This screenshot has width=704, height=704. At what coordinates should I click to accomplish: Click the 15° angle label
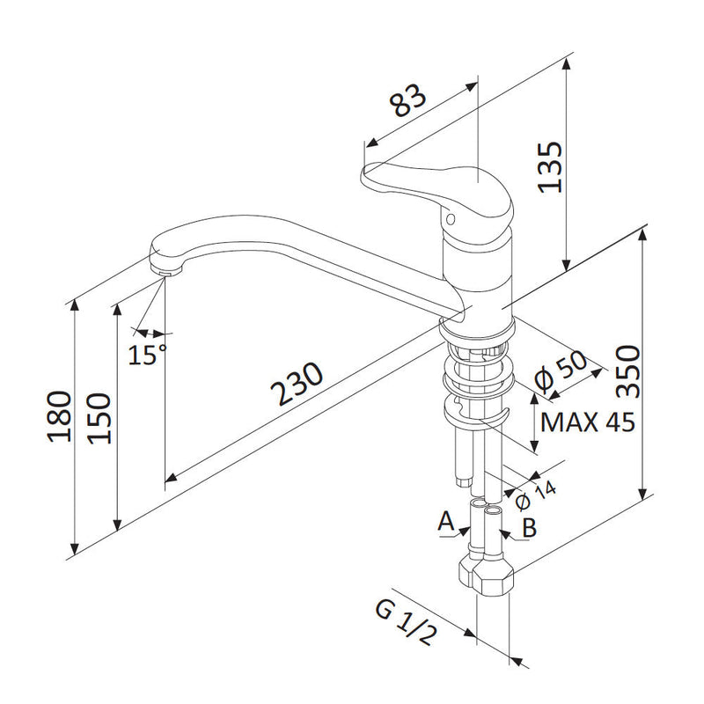[x=146, y=356]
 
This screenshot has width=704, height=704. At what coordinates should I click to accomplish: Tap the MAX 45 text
[x=586, y=423]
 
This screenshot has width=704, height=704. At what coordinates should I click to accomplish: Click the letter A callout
[x=446, y=521]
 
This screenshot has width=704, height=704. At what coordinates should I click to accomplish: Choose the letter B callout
[x=530, y=528]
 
